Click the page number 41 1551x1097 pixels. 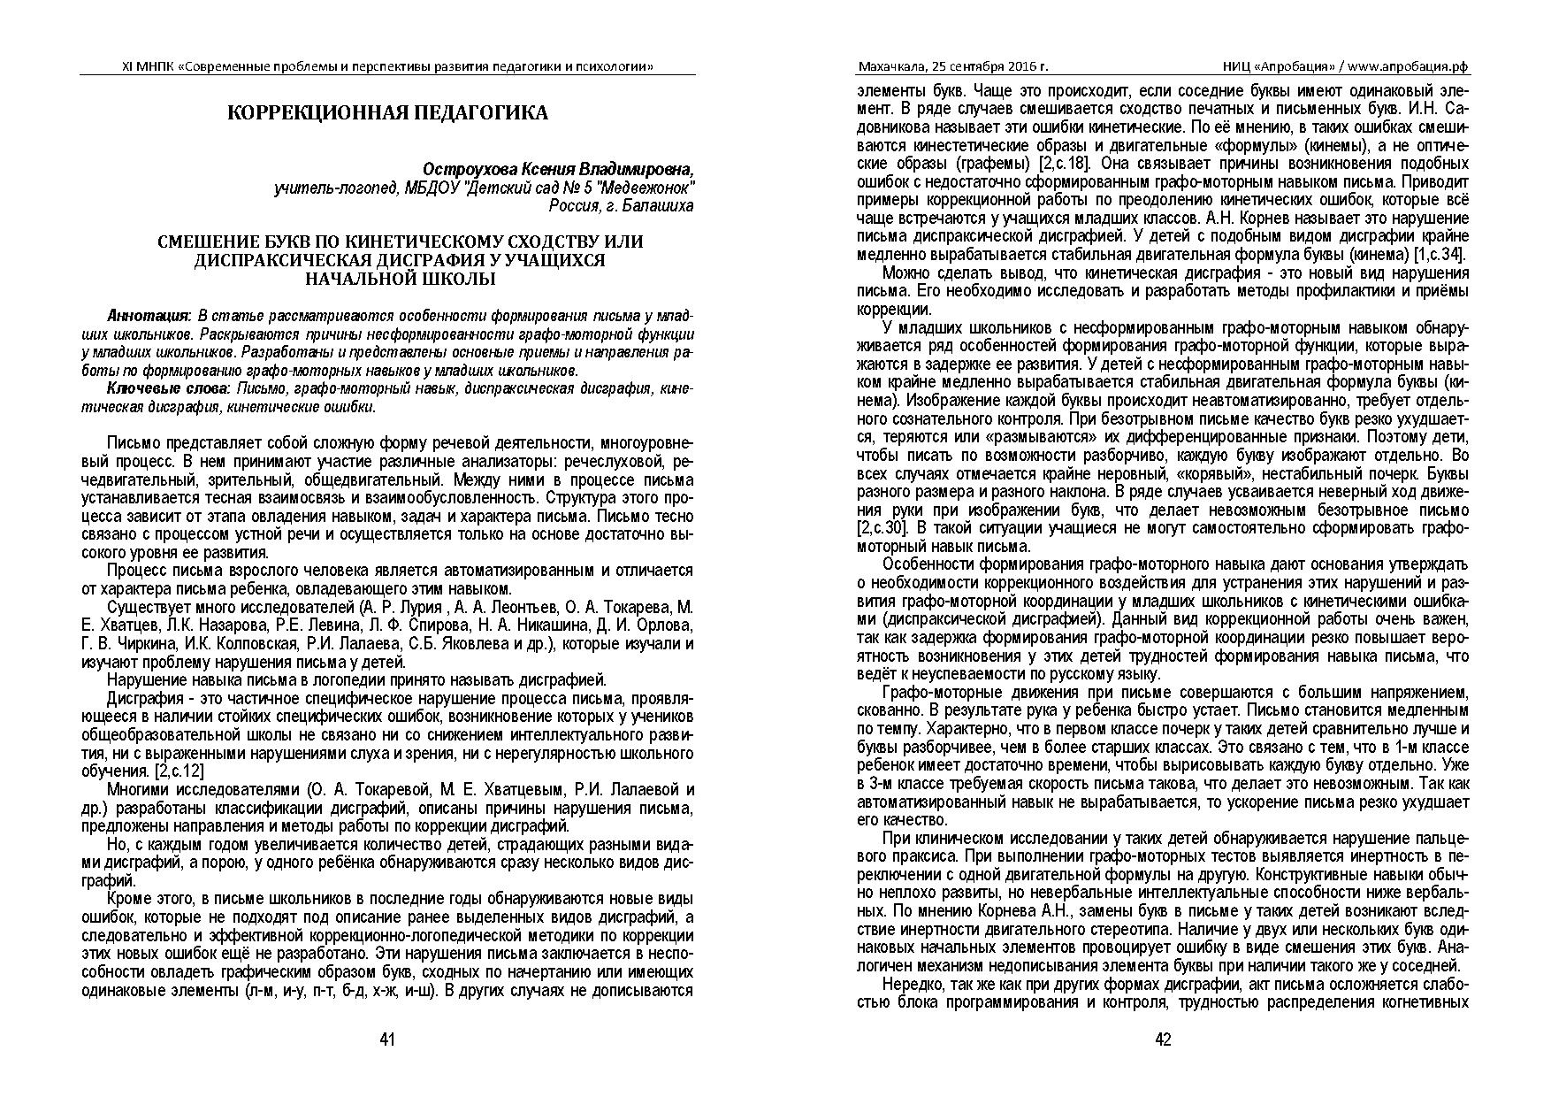point(387,1039)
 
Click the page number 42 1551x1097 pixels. point(1163,1039)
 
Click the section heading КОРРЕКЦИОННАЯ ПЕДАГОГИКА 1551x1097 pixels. point(388,112)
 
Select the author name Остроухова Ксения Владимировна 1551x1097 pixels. point(559,169)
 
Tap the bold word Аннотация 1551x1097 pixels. point(148,316)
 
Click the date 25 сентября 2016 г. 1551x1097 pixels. point(995,66)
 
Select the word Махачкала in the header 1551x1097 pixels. point(894,66)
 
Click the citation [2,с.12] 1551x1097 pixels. point(180,771)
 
